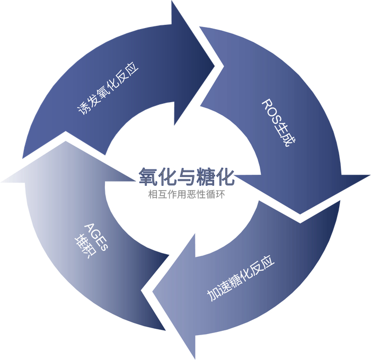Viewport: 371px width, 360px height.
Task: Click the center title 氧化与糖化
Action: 186,176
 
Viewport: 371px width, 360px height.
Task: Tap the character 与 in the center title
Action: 186,176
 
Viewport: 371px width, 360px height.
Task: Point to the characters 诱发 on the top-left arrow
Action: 86,105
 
